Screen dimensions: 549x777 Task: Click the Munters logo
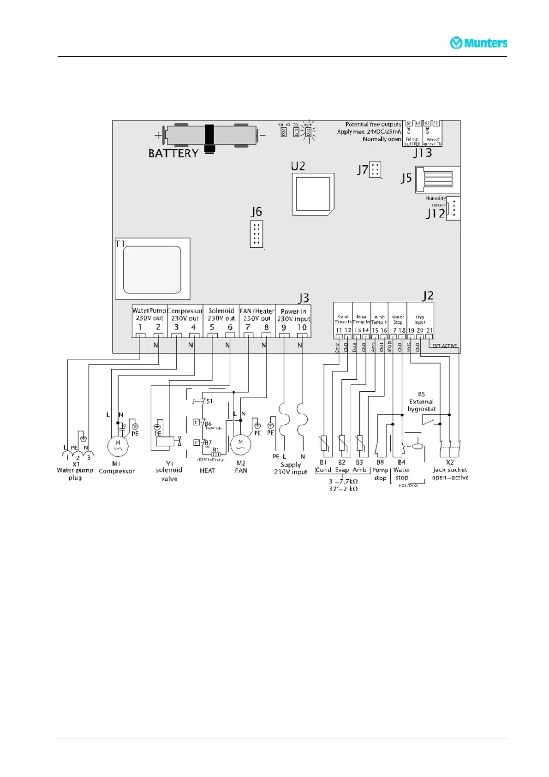478,43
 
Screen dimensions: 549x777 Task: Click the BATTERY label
173,153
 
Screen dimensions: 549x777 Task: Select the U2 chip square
313,194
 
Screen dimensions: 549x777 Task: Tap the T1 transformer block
152,269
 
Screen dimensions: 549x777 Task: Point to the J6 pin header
257,234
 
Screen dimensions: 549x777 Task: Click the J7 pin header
375,170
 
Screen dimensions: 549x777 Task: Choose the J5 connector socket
433,179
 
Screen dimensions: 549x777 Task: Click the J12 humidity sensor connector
454,209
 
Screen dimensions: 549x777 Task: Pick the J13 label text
422,153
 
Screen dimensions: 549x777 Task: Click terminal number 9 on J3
284,328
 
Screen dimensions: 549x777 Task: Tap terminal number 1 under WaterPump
140,327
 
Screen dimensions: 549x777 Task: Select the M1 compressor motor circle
118,446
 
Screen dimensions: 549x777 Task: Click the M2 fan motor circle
240,445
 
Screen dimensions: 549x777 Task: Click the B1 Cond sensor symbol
323,443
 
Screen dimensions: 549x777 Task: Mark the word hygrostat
421,409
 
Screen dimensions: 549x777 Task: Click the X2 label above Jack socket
450,462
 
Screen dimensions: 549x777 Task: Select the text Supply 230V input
291,468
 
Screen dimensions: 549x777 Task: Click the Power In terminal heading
293,311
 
